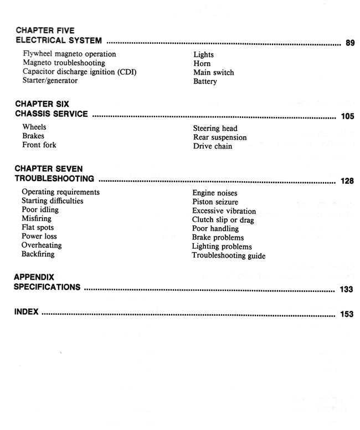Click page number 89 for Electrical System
click(x=349, y=43)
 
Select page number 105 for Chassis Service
click(x=347, y=117)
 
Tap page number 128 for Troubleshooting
click(x=347, y=181)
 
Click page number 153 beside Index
click(x=347, y=315)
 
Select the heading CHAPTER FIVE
click(x=45, y=30)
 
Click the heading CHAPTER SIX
click(x=42, y=104)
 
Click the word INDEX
click(x=27, y=312)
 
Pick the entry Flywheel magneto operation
click(x=69, y=54)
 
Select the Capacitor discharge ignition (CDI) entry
click(x=79, y=72)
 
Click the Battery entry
click(x=205, y=82)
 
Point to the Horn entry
click(x=202, y=64)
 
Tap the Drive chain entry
click(x=213, y=146)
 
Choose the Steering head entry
click(x=215, y=129)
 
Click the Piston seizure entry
click(x=214, y=202)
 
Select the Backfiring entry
click(x=38, y=254)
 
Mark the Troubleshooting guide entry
click(x=228, y=256)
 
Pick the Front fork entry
click(x=39, y=145)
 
